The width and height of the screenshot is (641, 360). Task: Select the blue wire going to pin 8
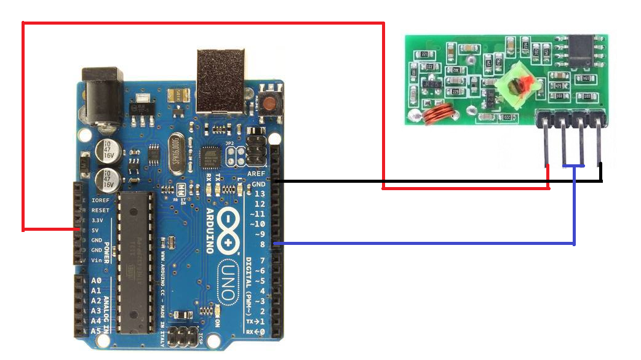[x=431, y=244]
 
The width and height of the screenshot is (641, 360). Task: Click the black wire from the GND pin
[x=431, y=182]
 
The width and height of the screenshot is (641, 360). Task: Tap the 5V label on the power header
[x=96, y=230]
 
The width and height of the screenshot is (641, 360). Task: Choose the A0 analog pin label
[x=96, y=281]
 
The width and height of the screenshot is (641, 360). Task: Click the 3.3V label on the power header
[x=97, y=220]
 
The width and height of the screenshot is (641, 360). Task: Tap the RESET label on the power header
[x=100, y=210]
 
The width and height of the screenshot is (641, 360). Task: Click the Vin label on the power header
[x=97, y=260]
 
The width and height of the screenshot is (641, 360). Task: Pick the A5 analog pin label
[x=96, y=330]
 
